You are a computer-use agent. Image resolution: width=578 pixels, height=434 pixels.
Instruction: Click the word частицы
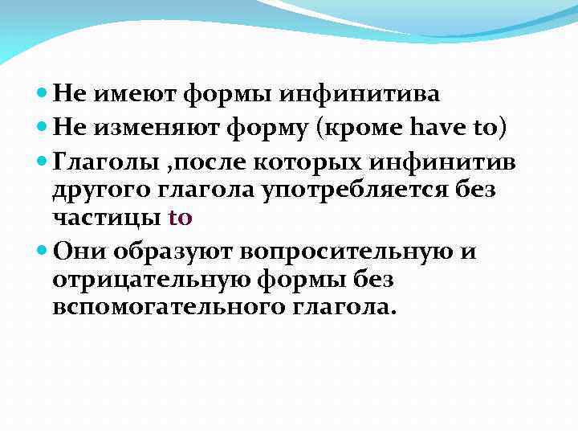107,217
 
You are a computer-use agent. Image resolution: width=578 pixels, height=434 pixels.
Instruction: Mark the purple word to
181,217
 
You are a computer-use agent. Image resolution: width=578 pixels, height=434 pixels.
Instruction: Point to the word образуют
161,252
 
